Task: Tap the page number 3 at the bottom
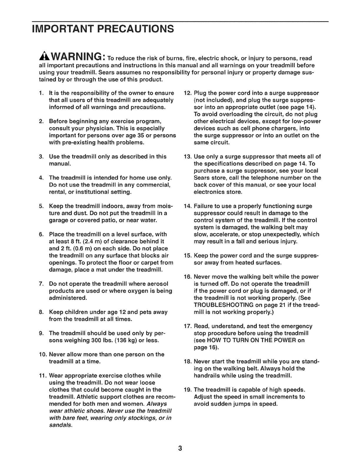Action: (180, 448)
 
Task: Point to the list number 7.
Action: (41, 284)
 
